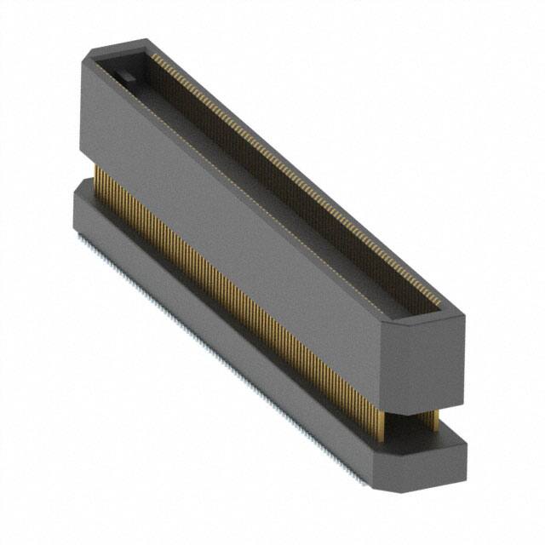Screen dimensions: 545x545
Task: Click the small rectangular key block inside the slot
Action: pyautogui.click(x=125, y=77)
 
